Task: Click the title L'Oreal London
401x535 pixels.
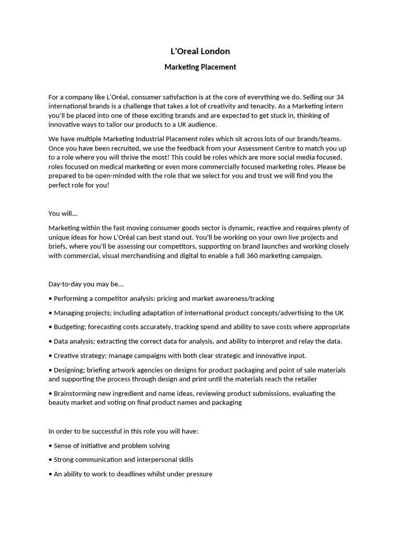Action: pyautogui.click(x=200, y=51)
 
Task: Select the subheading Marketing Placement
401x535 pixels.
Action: pyautogui.click(x=200, y=67)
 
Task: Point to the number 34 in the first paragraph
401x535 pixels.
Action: pyautogui.click(x=339, y=97)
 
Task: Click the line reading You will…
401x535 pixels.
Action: pyautogui.click(x=63, y=213)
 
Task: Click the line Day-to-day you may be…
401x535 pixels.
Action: pyautogui.click(x=86, y=284)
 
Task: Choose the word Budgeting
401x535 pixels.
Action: pyautogui.click(x=70, y=327)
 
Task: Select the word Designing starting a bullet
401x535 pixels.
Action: pyautogui.click(x=69, y=370)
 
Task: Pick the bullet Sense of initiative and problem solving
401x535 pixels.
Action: pyautogui.click(x=112, y=446)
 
